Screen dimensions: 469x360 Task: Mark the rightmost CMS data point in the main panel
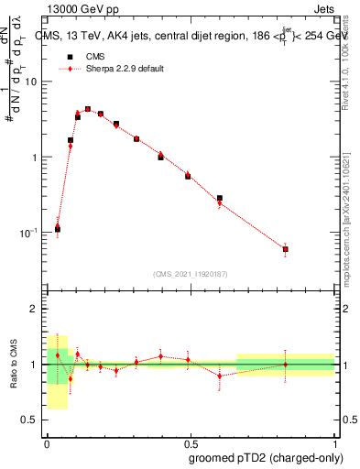286,249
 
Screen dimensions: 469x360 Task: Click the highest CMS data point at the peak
88,109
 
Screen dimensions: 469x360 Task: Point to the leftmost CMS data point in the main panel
58,229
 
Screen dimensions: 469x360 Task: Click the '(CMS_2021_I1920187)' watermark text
191,273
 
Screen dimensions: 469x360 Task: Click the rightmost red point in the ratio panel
286,365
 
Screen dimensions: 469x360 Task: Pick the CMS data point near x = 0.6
220,198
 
